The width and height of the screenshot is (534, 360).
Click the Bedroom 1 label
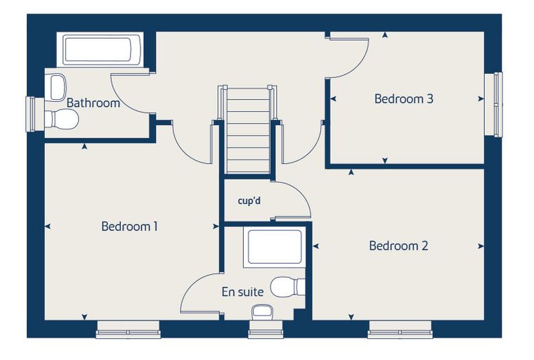[129, 226]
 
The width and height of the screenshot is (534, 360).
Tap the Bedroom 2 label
[398, 246]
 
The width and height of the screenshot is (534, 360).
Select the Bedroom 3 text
[403, 99]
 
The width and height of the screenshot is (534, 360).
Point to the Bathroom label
[93, 103]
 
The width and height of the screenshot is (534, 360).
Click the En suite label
[242, 292]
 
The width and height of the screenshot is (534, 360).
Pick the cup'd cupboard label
[249, 201]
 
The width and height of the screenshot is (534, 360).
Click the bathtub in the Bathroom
[102, 50]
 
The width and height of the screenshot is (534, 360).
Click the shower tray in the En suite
[275, 247]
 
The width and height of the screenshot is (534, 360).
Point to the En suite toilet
[288, 287]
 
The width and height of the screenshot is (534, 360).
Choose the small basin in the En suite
[263, 313]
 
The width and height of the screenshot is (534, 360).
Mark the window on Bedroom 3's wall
[493, 105]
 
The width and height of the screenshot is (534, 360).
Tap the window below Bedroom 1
[128, 329]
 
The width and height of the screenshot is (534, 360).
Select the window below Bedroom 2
[400, 329]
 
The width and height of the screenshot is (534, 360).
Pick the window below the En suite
[266, 329]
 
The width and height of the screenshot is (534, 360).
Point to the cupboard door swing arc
[301, 193]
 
